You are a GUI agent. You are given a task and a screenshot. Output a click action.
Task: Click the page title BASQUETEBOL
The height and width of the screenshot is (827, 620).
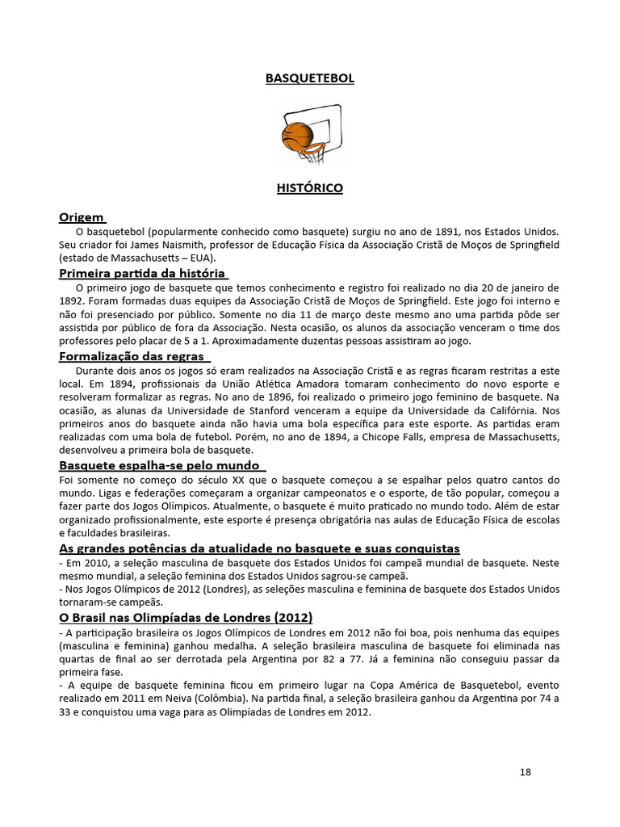pyautogui.click(x=310, y=78)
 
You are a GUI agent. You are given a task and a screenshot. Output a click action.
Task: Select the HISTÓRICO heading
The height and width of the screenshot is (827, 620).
pyautogui.click(x=310, y=188)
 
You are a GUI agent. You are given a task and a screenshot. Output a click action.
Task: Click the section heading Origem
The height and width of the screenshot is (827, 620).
pyautogui.click(x=82, y=217)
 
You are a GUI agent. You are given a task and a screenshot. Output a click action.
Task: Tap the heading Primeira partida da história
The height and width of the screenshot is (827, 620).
pyautogui.click(x=142, y=273)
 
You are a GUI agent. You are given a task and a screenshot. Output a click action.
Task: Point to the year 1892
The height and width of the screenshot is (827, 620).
pyautogui.click(x=73, y=300)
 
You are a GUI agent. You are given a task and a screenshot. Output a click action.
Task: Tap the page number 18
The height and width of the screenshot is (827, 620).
pyautogui.click(x=525, y=772)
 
